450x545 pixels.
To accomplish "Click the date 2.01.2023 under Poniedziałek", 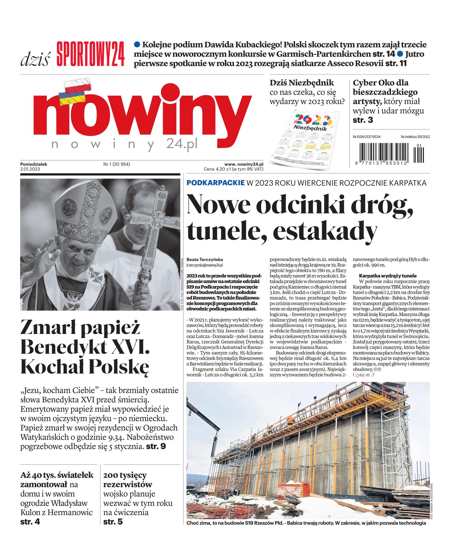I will coord(30,169).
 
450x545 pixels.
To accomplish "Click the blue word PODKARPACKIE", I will coord(216,183).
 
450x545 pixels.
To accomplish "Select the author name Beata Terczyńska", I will coord(205,259).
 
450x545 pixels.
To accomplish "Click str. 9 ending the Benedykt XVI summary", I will coord(156,446).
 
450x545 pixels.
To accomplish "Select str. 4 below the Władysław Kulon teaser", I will coord(30,522).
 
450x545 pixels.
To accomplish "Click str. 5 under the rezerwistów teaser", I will coord(113,522).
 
